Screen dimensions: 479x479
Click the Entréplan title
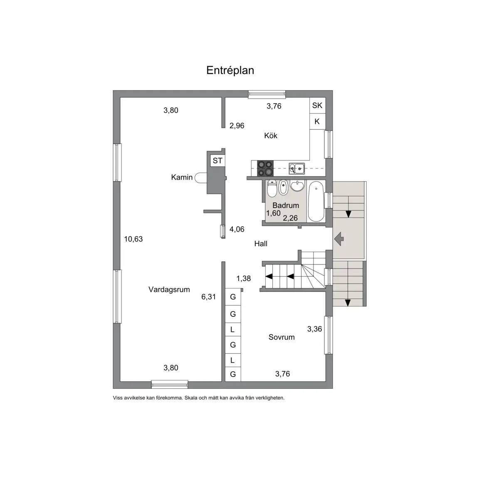click(230, 70)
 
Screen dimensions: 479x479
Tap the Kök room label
click(271, 135)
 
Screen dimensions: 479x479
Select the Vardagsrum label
click(169, 289)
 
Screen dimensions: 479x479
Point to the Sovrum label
click(281, 337)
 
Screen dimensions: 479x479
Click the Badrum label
click(286, 205)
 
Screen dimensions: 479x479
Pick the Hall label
click(261, 244)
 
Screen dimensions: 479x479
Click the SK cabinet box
click(317, 105)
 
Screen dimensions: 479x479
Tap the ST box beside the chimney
click(217, 160)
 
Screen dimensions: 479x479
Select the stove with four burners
click(265, 168)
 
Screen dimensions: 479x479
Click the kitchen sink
click(296, 168)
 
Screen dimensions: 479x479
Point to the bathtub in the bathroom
click(316, 201)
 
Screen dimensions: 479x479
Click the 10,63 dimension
click(133, 239)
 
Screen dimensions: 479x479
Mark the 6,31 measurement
click(209, 296)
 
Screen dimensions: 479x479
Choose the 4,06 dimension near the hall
click(237, 229)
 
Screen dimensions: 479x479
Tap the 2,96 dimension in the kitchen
click(237, 126)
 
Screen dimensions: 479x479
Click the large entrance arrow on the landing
click(339, 239)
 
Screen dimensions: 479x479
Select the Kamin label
click(182, 177)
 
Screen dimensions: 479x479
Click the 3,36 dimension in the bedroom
click(315, 329)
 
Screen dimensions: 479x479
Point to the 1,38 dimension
click(244, 278)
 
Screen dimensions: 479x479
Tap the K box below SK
click(317, 121)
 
